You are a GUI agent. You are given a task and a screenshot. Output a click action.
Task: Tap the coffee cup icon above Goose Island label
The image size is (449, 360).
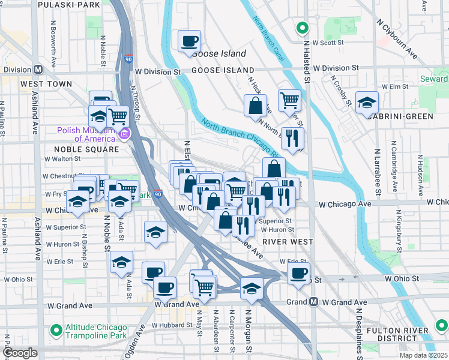(x=190, y=41)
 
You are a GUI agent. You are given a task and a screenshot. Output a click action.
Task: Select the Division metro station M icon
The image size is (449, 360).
(x=38, y=69)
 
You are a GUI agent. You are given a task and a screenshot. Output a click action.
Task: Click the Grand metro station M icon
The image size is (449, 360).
(x=313, y=302)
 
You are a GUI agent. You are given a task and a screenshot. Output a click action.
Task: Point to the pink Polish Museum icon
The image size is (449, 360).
(x=124, y=134)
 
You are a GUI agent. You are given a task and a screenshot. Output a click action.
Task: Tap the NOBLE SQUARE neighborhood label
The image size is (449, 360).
(x=86, y=149)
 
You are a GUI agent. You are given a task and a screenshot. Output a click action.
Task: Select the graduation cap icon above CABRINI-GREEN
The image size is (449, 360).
(x=367, y=102)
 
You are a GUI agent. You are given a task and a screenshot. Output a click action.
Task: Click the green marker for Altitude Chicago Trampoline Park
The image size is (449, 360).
(x=56, y=329)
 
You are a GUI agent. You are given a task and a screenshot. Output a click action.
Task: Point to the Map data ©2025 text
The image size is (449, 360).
(x=423, y=355)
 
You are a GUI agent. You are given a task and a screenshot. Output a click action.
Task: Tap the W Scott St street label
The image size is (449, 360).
(x=328, y=43)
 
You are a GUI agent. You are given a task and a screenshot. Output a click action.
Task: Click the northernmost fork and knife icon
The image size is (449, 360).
(x=293, y=137)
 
